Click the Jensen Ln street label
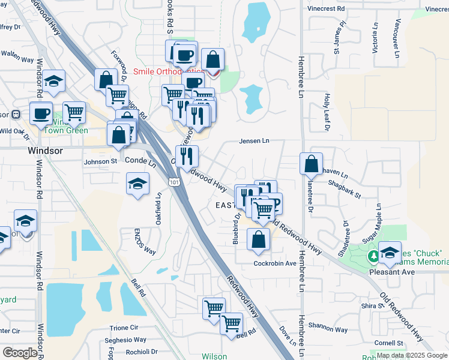(254, 141)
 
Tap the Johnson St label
(100, 161)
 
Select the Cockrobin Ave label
(275, 263)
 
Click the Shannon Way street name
(328, 329)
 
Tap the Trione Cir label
(124, 328)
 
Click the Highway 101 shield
(173, 181)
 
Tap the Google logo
(19, 353)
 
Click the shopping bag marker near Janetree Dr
(312, 163)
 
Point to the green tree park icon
(373, 257)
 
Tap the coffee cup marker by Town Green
(41, 113)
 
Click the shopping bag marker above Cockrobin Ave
(258, 239)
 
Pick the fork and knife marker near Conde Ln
(187, 156)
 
